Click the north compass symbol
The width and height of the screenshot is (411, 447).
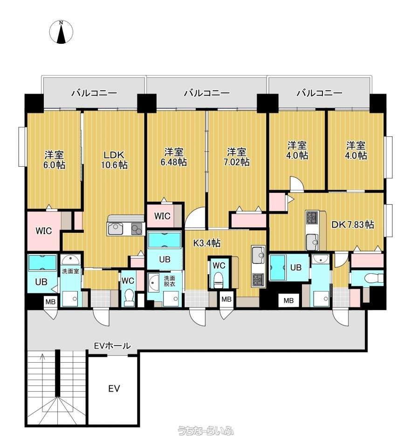pos(61,32)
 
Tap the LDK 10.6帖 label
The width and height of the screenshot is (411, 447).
pos(114,160)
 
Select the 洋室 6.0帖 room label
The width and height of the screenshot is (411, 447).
pos(54,160)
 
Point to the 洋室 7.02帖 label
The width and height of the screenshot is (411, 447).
pos(236,157)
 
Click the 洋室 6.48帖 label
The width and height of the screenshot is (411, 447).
pos(174,157)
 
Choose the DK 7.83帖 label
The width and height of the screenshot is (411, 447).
pos(353,224)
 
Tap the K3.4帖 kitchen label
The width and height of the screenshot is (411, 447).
pos(207,243)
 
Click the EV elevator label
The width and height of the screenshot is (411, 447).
pos(114,388)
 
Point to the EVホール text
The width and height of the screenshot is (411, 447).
pos(112,346)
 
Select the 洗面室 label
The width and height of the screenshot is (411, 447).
pos(70,271)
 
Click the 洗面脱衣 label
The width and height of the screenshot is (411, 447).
pos(170,281)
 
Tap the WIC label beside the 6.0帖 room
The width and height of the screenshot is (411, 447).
pos(44,230)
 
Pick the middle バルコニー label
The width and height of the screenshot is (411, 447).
pos(206,93)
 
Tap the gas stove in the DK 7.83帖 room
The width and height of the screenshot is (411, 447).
pos(313,218)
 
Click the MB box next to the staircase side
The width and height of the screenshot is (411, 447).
pos(50,302)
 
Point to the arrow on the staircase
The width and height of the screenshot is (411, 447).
pos(43,371)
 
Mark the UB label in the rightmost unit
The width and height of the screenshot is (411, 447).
pos(296,267)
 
